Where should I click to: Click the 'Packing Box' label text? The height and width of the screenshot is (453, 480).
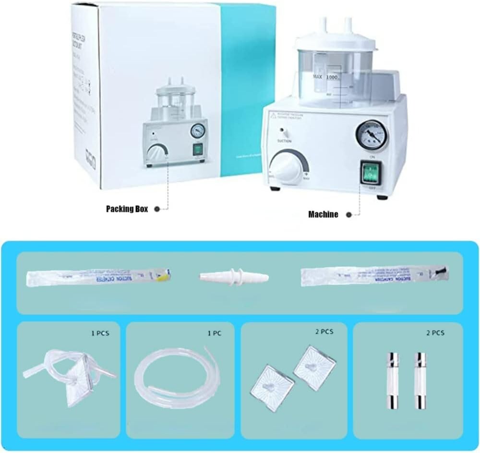(x=127, y=209)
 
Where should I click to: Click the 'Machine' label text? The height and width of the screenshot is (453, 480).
(x=323, y=215)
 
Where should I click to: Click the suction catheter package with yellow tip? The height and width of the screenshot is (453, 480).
(x=99, y=277)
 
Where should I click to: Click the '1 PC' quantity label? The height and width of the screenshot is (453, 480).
(x=211, y=333)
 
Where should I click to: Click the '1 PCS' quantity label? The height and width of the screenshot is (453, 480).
(x=100, y=333)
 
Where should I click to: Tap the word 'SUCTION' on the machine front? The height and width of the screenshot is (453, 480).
(x=284, y=141)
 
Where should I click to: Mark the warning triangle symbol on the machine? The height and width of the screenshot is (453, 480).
(x=274, y=115)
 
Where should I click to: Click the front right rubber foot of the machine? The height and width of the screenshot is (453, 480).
(x=382, y=197)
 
